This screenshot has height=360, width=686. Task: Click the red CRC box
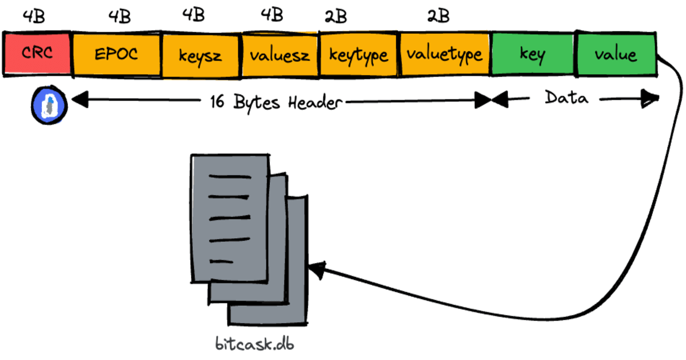pyautogui.click(x=37, y=54)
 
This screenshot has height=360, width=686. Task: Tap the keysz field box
pyautogui.click(x=201, y=55)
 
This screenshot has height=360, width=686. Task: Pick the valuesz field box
pyautogui.click(x=280, y=55)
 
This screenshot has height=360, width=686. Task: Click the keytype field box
pyautogui.click(x=358, y=55)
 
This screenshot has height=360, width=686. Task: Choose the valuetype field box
pyautogui.click(x=444, y=55)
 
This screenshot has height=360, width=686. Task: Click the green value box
pyautogui.click(x=616, y=55)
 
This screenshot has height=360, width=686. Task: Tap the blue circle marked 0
pyautogui.click(x=50, y=105)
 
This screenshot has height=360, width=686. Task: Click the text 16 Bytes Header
pyautogui.click(x=276, y=102)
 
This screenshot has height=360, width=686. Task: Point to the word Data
pyautogui.click(x=566, y=98)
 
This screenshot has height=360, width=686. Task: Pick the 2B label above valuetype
pyautogui.click(x=438, y=17)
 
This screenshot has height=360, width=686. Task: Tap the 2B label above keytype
pyautogui.click(x=336, y=17)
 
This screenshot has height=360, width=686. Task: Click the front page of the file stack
pyautogui.click(x=229, y=217)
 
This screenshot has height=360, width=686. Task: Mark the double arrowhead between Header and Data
pyautogui.click(x=492, y=101)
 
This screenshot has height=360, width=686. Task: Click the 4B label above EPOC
pyautogui.click(x=119, y=17)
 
